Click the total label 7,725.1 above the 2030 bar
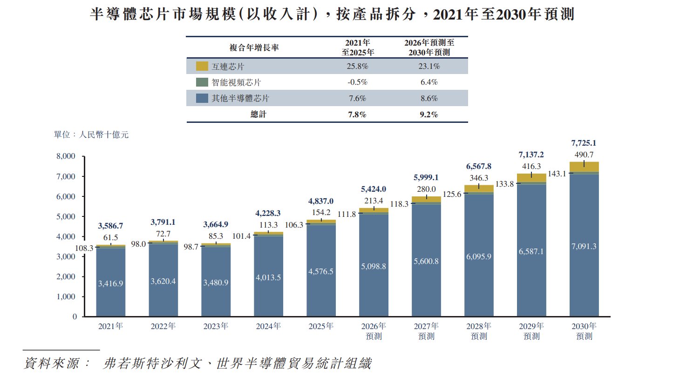pyautogui.click(x=584, y=143)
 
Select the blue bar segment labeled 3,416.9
pyautogui.click(x=110, y=283)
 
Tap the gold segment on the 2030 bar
pyautogui.click(x=584, y=167)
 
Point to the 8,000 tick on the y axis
pyautogui.click(x=66, y=156)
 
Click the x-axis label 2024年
pyautogui.click(x=268, y=326)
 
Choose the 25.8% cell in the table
pyautogui.click(x=357, y=66)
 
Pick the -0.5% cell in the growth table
pyautogui.click(x=357, y=82)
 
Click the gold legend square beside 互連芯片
pyautogui.click(x=202, y=66)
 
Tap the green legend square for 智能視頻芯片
pyautogui.click(x=202, y=82)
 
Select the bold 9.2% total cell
pyautogui.click(x=428, y=114)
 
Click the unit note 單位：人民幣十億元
pyautogui.click(x=91, y=135)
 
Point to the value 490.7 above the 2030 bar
pyautogui.click(x=584, y=155)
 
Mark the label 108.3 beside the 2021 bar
pyautogui.click(x=84, y=248)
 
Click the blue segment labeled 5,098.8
pyautogui.click(x=374, y=265)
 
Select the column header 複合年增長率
pyautogui.click(x=254, y=47)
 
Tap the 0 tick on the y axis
pyautogui.click(x=75, y=316)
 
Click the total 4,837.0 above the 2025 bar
pyautogui.click(x=321, y=201)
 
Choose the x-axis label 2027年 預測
pyautogui.click(x=426, y=331)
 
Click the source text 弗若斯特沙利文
pyautogui.click(x=152, y=364)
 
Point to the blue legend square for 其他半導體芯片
pyautogui.click(x=202, y=98)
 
